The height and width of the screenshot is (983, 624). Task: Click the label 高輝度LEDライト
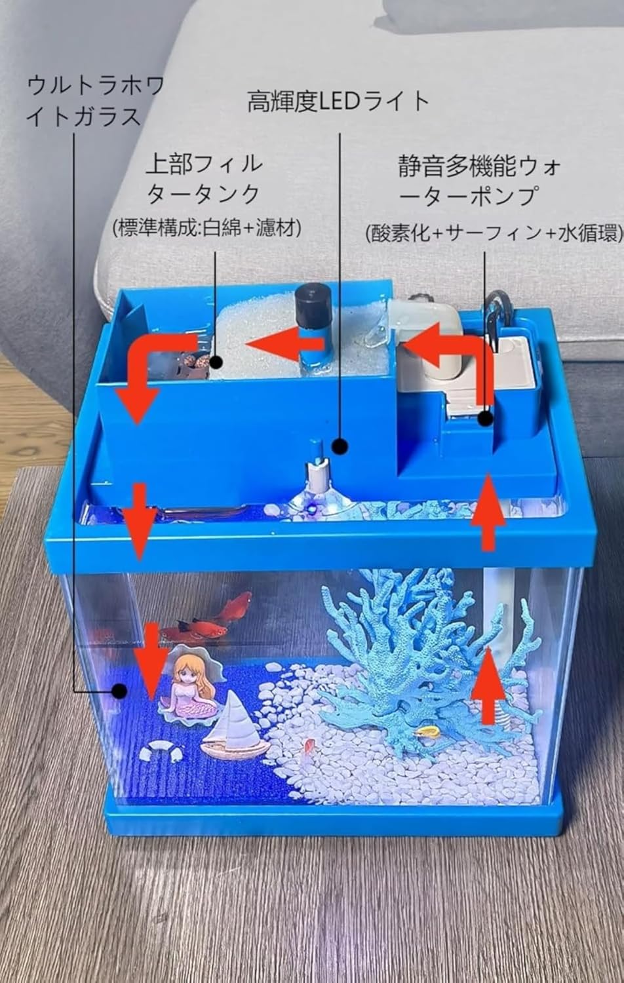[x=338, y=102]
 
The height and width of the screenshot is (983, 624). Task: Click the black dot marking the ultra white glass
[x=119, y=690]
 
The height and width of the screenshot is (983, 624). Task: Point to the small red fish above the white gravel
[x=309, y=747]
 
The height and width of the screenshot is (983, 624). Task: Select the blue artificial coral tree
[x=419, y=662]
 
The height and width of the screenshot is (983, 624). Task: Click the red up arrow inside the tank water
[x=488, y=685]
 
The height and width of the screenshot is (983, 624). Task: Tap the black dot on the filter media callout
[x=216, y=361]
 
